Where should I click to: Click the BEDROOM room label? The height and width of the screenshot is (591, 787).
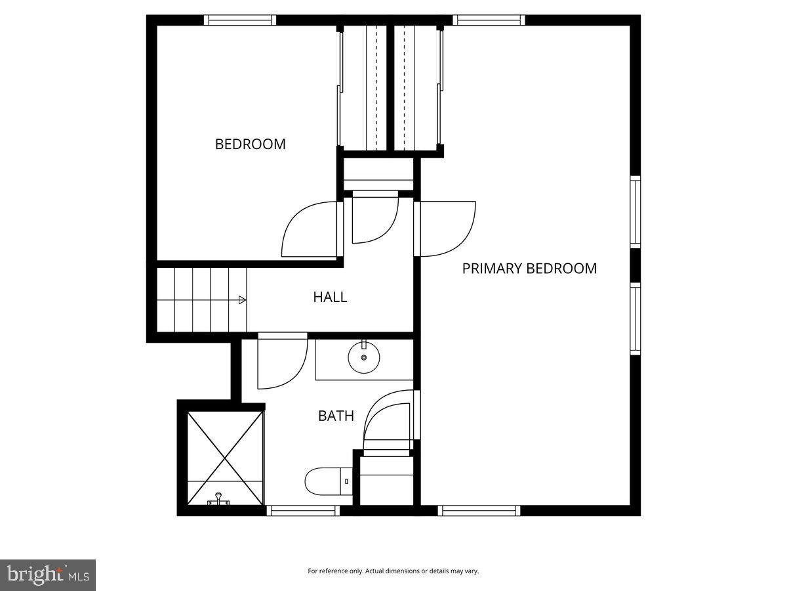(x=250, y=144)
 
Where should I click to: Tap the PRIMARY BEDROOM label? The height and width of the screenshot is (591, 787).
(x=529, y=268)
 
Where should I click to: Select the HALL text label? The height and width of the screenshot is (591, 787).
(x=330, y=297)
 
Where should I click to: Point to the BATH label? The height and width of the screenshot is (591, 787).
(x=336, y=416)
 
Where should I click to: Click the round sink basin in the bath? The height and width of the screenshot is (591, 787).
(x=364, y=359)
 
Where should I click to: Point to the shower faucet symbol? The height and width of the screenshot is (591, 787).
(x=218, y=501)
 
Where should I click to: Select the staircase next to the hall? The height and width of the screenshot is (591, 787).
(x=200, y=299)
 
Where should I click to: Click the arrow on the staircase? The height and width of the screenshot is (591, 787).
(x=242, y=300)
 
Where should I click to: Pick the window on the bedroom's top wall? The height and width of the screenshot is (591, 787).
(x=239, y=20)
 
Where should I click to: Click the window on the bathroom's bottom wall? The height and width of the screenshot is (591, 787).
(x=302, y=510)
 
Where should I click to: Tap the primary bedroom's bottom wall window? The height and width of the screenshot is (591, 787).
(x=479, y=510)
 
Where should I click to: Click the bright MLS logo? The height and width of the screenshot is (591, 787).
(x=48, y=575)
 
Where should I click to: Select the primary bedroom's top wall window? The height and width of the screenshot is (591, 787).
(x=489, y=20)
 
